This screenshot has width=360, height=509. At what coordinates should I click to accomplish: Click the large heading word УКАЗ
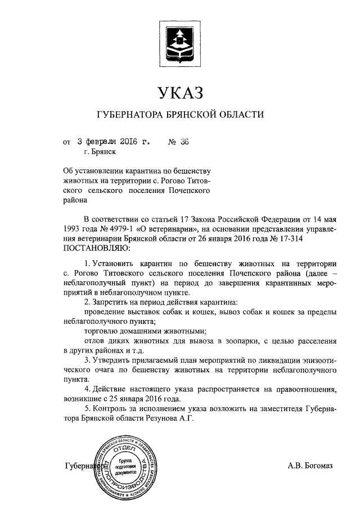click(180, 92)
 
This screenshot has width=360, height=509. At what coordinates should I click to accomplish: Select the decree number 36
click(183, 142)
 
